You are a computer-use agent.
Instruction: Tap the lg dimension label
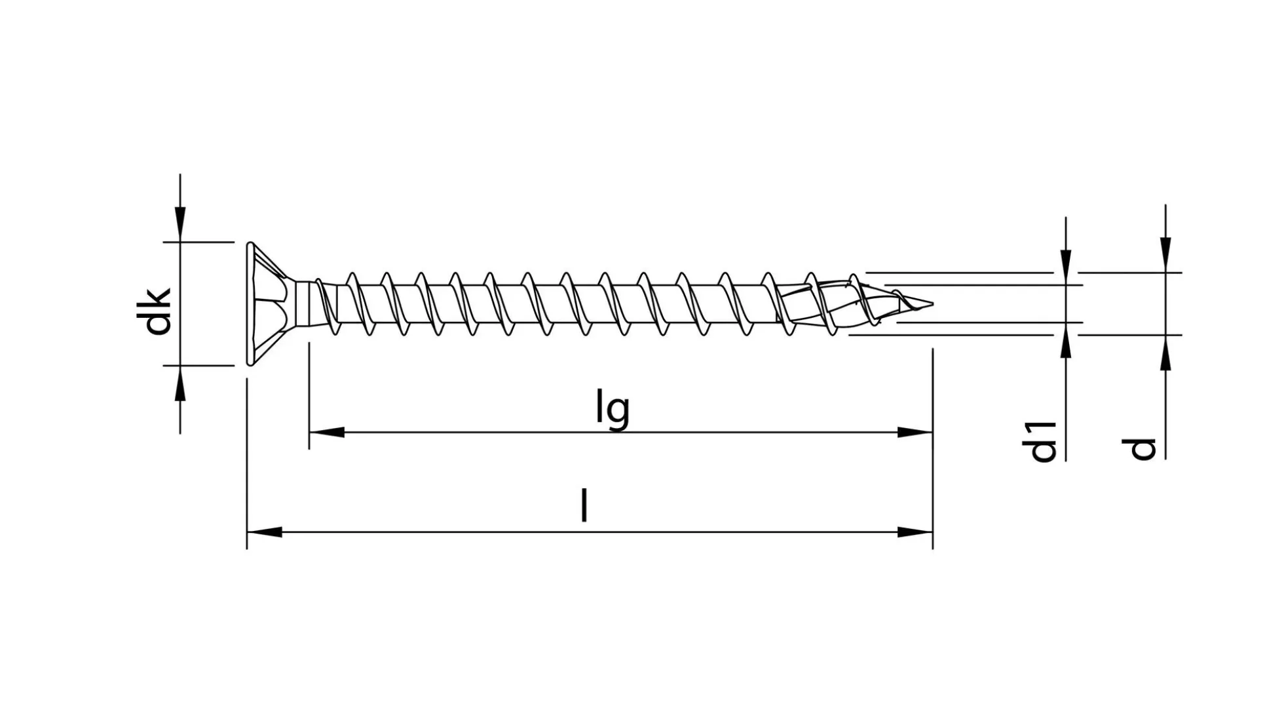tap(613, 409)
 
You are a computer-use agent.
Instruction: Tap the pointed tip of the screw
tap(932, 303)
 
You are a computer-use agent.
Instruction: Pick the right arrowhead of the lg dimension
tap(915, 432)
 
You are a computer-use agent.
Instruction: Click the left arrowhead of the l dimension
tap(265, 532)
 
